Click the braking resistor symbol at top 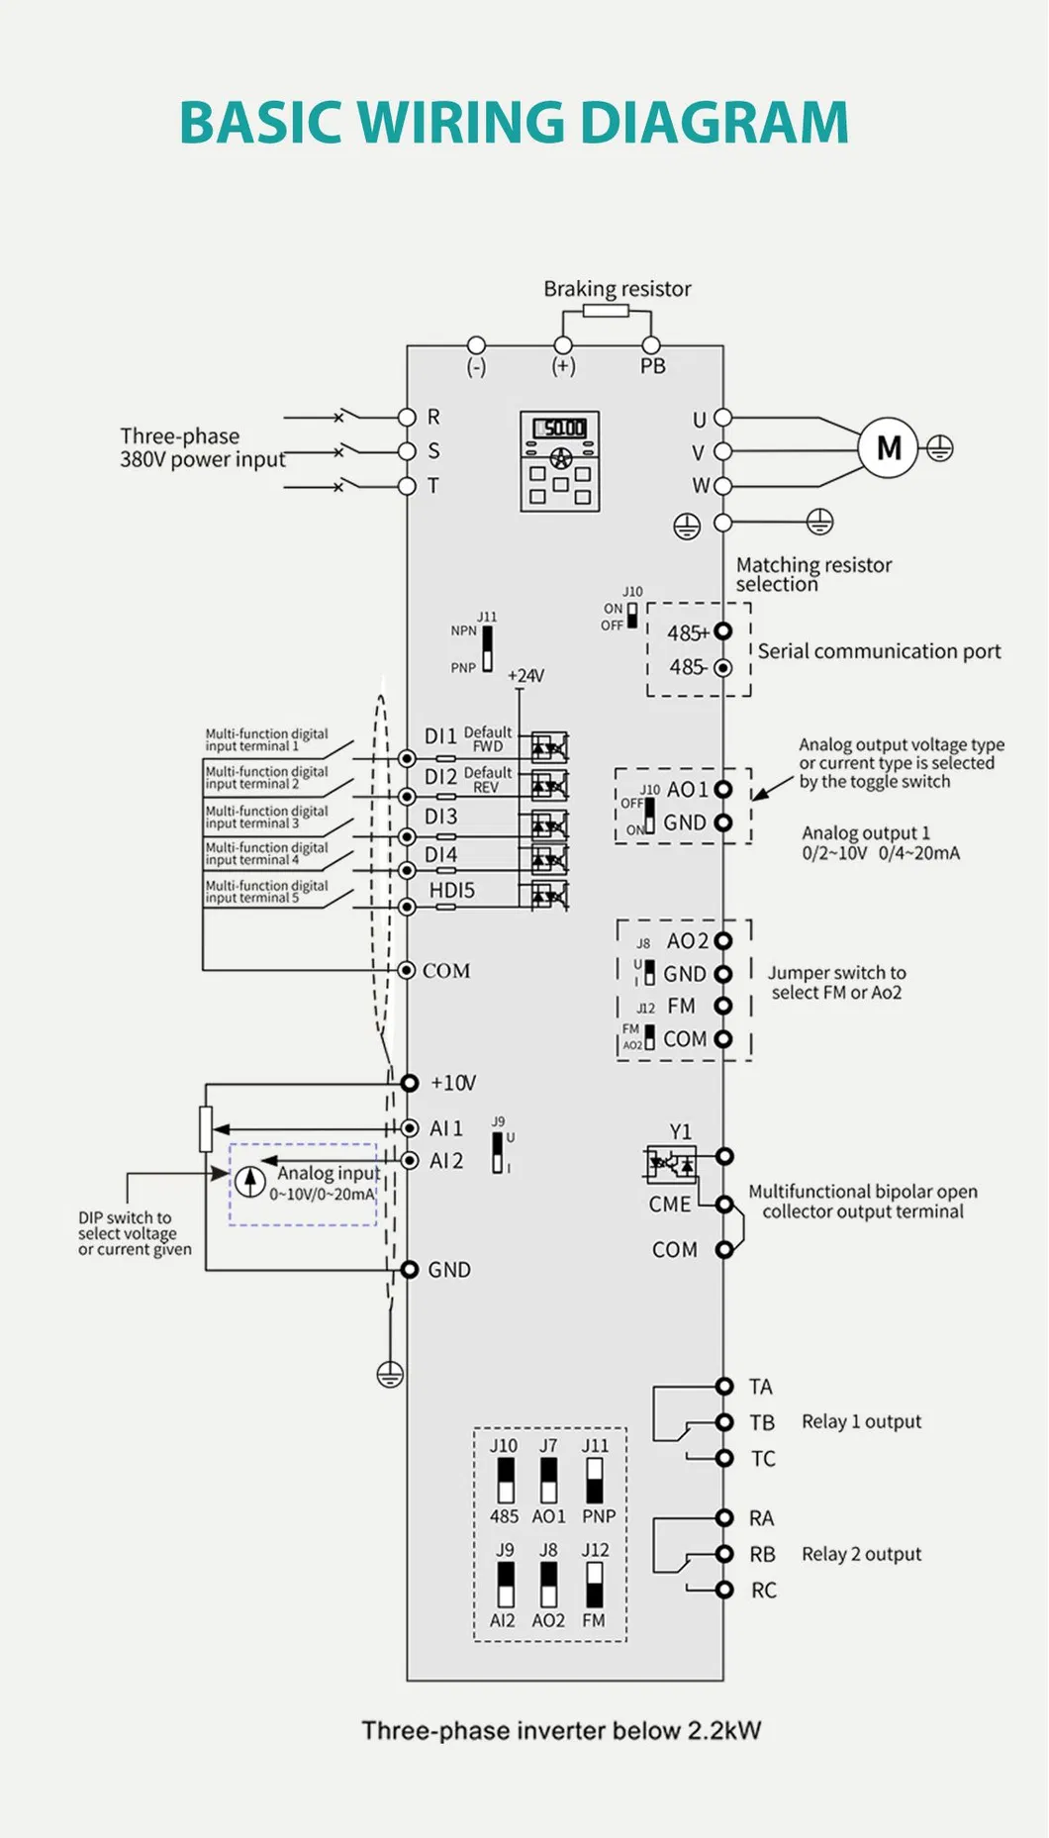pos(606,311)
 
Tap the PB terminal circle pos(651,345)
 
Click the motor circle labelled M pos(888,448)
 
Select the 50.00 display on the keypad pos(560,428)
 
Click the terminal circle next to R pos(407,417)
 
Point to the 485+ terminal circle pos(723,630)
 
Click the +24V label pos(525,675)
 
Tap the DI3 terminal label pos(441,817)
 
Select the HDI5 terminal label pos(451,890)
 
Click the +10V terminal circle pos(410,1083)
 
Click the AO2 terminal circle pos(723,940)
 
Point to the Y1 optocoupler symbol pos(670,1164)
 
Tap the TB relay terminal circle pos(724,1422)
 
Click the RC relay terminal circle pos(724,1590)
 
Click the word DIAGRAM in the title pos(714,123)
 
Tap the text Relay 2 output pos(861,1554)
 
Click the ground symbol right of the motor pos(939,448)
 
